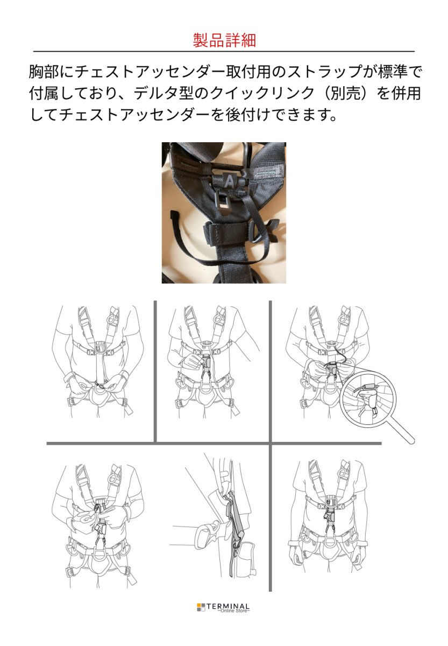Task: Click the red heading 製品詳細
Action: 224,40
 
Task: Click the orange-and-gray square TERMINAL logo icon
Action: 201,607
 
